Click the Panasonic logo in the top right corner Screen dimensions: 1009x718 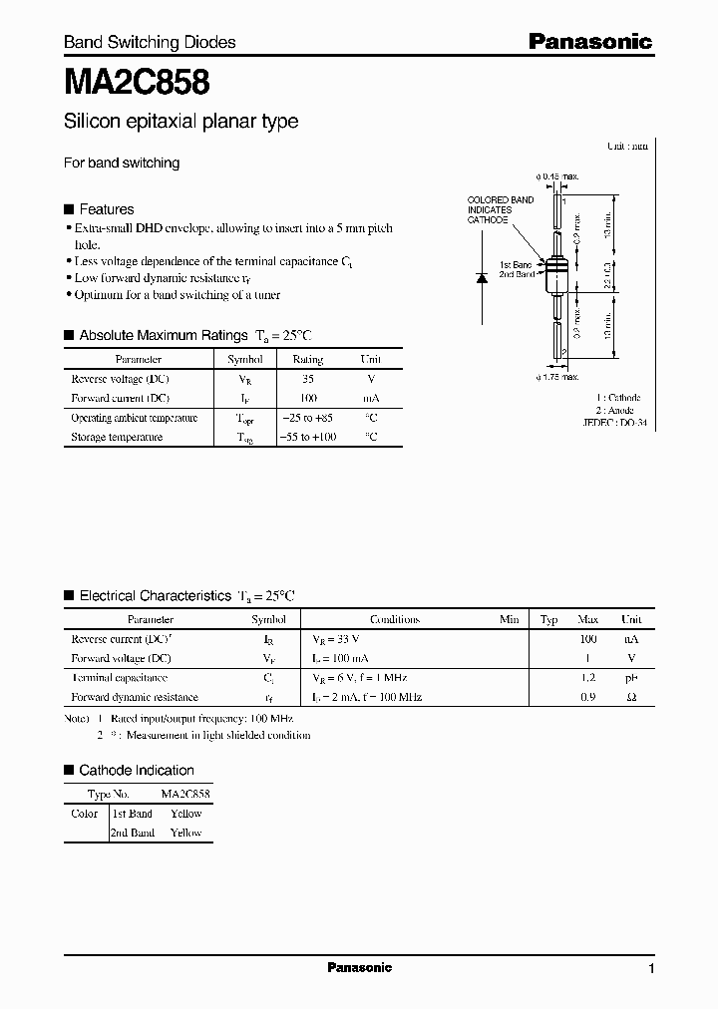tap(590, 41)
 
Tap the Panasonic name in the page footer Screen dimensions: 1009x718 tap(360, 967)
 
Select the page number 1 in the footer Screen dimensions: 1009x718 tap(651, 969)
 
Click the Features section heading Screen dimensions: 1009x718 tap(106, 209)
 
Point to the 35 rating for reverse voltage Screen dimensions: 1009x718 tap(307, 379)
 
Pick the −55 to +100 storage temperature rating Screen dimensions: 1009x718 tap(307, 437)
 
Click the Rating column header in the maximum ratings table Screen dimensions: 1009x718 tap(307, 359)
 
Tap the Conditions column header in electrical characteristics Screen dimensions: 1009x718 tap(395, 619)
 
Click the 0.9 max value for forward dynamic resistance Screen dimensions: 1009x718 tap(587, 697)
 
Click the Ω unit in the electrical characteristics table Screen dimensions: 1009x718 tap(630, 697)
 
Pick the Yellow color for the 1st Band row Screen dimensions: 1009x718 tap(185, 814)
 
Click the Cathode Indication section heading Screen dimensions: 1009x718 tap(136, 770)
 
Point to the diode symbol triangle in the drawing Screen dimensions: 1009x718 tap(482, 277)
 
